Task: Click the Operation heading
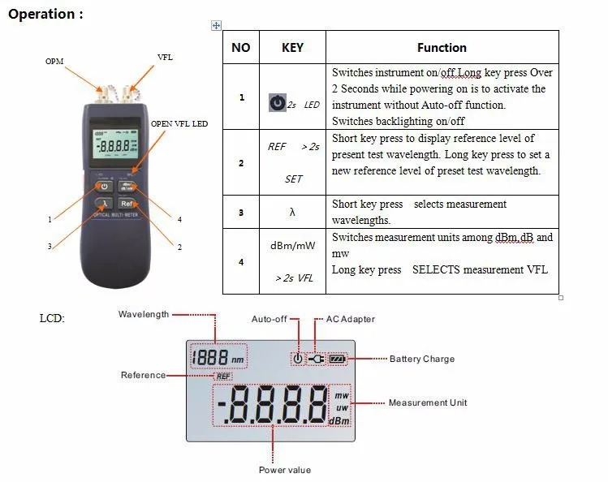tap(45, 14)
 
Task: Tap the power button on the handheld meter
tap(104, 187)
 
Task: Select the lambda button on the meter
tap(104, 204)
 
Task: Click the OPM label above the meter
tap(54, 61)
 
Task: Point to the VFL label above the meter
tap(165, 57)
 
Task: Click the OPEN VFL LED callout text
tap(179, 123)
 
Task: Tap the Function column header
tap(442, 48)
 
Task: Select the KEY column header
tap(292, 48)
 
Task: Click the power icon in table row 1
tap(278, 103)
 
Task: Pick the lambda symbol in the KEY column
tap(292, 212)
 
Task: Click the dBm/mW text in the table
tap(293, 245)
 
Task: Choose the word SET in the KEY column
tap(294, 179)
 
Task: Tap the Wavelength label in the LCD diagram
tap(144, 314)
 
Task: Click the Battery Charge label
tap(422, 359)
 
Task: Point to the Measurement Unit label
tap(428, 402)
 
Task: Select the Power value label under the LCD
tap(285, 470)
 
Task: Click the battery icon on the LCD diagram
tap(338, 359)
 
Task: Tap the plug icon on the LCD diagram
tap(317, 359)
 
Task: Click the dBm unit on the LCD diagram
tap(339, 421)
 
